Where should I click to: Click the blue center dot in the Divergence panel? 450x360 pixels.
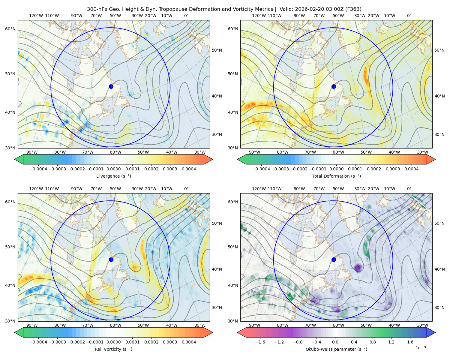[111, 86]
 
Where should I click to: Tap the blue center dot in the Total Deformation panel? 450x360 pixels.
[334, 86]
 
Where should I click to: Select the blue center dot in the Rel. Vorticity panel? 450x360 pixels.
[111, 259]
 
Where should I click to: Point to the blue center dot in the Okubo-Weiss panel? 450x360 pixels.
[334, 259]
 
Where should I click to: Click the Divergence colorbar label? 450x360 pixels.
[113, 176]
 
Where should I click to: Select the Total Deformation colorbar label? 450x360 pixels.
[336, 176]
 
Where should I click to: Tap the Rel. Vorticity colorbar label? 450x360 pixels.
[113, 349]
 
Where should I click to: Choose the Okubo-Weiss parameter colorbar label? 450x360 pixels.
[336, 349]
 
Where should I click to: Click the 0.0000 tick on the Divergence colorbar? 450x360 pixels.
[113, 169]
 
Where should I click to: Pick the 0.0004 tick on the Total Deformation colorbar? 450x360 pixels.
[411, 169]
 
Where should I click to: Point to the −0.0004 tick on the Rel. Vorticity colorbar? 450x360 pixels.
[38, 342]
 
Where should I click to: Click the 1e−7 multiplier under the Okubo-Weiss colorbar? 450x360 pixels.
[421, 348]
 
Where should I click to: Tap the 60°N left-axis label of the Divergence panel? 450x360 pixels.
[10, 29]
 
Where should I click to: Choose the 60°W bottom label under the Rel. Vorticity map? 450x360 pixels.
[115, 325]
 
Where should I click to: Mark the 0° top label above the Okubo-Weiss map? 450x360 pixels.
[409, 189]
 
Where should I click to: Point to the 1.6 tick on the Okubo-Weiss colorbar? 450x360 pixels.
[410, 342]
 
